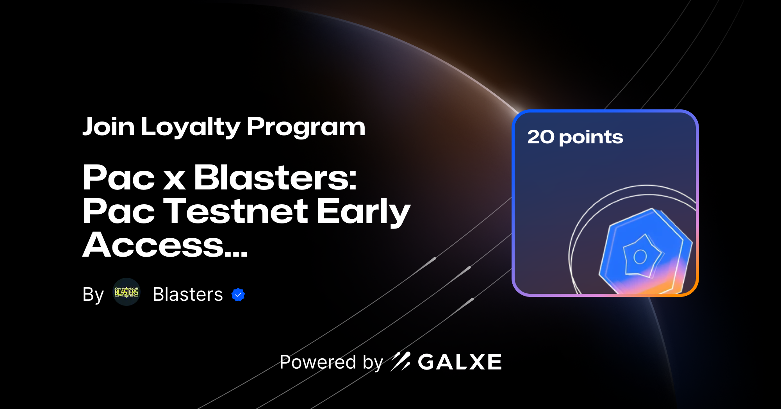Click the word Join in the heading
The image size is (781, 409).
[108, 127]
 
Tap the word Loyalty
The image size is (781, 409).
[190, 127]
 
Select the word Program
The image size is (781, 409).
[306, 127]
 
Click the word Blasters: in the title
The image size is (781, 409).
[275, 178]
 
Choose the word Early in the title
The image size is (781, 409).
[363, 211]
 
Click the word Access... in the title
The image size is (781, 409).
[165, 245]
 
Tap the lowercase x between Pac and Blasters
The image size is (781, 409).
[174, 180]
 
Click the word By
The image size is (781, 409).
[93, 295]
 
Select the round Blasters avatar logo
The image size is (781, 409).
[126, 292]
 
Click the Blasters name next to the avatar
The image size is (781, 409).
[187, 295]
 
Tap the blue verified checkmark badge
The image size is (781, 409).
[238, 295]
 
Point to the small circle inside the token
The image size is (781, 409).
[640, 257]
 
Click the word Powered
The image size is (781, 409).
[317, 362]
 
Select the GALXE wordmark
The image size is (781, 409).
[460, 362]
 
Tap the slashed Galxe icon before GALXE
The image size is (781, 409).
[401, 361]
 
